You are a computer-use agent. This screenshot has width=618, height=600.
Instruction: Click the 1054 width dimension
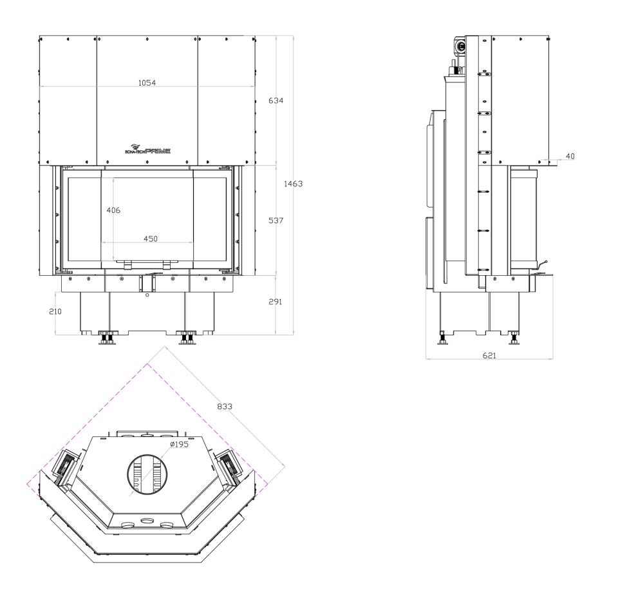[147, 83]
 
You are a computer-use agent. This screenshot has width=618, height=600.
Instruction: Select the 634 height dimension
[276, 101]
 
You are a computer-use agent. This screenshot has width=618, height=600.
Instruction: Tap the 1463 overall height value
[294, 184]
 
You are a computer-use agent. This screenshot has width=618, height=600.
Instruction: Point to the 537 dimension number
[276, 220]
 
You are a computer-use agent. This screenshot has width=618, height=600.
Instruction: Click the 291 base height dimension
[275, 302]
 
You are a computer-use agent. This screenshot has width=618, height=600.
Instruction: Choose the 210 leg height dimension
[55, 312]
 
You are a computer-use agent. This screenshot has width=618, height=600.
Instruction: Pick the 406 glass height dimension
[113, 210]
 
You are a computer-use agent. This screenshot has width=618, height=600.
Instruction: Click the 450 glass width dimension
[150, 238]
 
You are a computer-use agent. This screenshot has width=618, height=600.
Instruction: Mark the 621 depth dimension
[489, 355]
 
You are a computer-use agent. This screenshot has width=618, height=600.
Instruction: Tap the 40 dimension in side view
[570, 156]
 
